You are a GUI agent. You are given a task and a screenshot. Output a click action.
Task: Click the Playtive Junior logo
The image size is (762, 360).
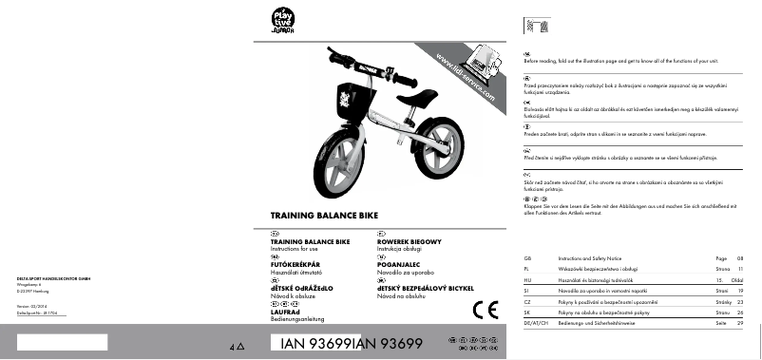[x=282, y=20]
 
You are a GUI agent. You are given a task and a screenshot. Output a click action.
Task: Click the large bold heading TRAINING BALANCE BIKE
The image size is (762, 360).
[x=326, y=217]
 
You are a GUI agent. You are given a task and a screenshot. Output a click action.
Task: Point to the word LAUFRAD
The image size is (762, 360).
[x=288, y=311]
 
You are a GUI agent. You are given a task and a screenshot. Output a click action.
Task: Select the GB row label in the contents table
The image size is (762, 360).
[x=528, y=258]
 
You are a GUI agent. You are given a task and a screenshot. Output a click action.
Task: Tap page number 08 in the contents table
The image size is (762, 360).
[x=740, y=258]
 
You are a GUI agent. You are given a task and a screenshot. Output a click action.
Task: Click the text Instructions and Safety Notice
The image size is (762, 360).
[x=589, y=258]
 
